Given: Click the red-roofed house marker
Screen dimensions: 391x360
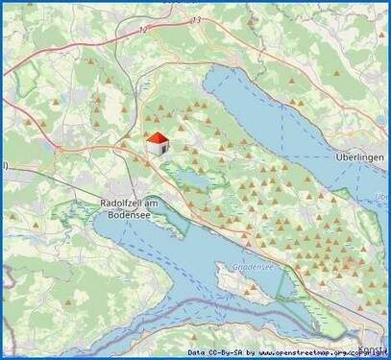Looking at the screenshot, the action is pos(157,144).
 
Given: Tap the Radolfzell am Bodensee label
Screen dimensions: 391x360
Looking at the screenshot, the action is pos(133,209).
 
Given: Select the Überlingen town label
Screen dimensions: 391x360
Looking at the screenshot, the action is pos(360,156).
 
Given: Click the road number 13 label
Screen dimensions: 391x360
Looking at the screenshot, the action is pos(197,20).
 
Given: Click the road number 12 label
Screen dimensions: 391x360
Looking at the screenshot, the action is pos(144,31).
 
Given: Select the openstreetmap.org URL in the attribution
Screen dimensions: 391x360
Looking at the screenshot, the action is pos(322,352).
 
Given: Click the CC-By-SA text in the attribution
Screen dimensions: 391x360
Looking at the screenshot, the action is pos(228,352).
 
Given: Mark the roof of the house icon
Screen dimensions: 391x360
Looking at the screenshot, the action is pos(157,139).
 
